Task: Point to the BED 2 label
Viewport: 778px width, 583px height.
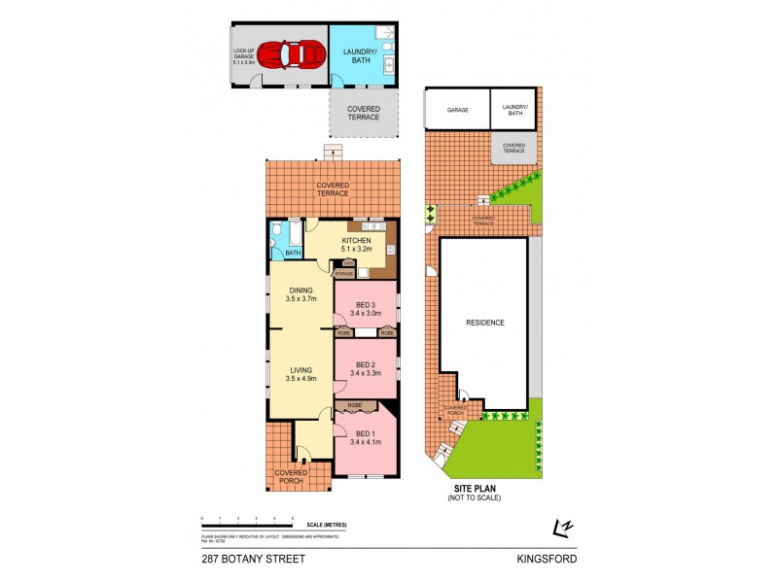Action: click(x=365, y=366)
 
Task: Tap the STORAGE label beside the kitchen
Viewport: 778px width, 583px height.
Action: click(x=343, y=274)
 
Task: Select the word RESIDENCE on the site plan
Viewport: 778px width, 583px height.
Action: click(x=484, y=322)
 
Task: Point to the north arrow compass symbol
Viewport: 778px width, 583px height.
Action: click(x=562, y=528)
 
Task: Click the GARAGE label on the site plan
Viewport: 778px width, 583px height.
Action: click(x=457, y=110)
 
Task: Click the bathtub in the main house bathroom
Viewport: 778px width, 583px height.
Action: click(x=293, y=234)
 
